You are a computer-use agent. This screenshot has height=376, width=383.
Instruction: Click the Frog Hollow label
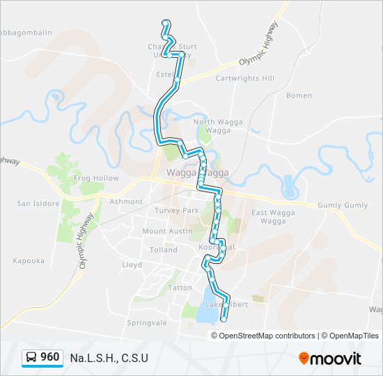tap(96, 178)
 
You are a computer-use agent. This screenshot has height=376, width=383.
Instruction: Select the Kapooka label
tap(29, 261)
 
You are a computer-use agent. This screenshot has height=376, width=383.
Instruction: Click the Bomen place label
tap(299, 95)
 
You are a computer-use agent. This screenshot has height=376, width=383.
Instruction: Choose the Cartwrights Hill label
tap(245, 78)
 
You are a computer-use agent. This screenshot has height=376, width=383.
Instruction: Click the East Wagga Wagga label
tap(269, 217)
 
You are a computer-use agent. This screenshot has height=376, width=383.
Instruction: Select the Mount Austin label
tap(166, 231)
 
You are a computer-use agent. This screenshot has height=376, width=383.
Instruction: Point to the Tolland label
tap(164, 249)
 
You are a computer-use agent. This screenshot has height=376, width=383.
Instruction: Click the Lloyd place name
tap(132, 265)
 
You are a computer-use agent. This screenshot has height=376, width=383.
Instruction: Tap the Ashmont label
tap(126, 201)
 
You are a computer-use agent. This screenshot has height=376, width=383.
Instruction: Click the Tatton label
tap(180, 287)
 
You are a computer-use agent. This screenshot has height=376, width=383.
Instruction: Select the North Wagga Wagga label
tap(218, 126)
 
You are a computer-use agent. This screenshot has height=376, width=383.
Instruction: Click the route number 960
tap(49, 358)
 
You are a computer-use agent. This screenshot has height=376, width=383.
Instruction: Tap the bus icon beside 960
tap(32, 358)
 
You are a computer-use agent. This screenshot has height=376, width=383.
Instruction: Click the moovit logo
tap(330, 359)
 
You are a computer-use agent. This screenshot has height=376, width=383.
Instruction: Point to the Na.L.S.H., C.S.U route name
tap(109, 359)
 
